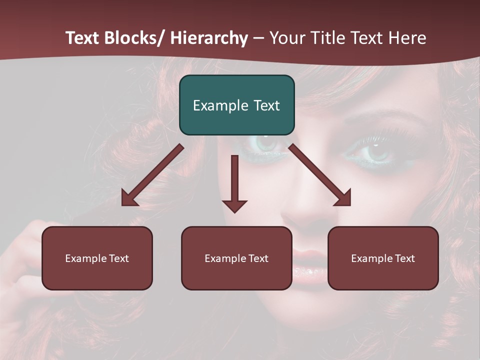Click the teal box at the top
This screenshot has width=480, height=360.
(x=236, y=105)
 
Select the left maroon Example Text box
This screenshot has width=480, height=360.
(x=97, y=258)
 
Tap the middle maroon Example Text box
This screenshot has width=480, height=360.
(x=236, y=258)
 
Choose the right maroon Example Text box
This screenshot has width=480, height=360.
(x=383, y=258)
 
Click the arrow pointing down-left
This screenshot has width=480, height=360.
(x=152, y=175)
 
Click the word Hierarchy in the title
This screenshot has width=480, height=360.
(x=209, y=38)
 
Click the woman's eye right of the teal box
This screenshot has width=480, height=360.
(x=376, y=150)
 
